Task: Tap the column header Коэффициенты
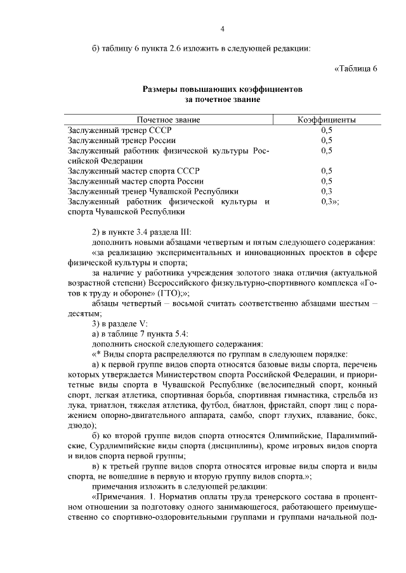coord(327,120)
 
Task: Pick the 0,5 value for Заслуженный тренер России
coord(327,140)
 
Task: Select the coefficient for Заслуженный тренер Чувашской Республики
coord(327,191)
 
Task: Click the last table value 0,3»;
coord(330,201)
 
